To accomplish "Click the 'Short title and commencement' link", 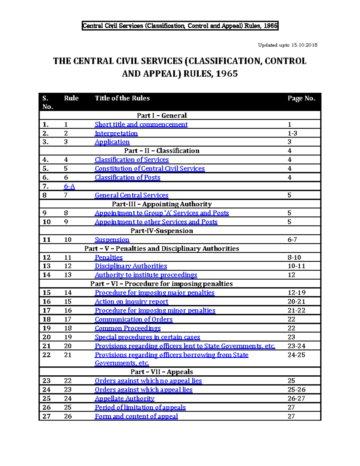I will click(141, 125).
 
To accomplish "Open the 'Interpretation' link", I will click(116, 133).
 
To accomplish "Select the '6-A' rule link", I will click(69, 186).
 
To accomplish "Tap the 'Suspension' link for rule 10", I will click(112, 240).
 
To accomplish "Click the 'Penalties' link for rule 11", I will click(109, 257).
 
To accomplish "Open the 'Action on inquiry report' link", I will click(131, 302).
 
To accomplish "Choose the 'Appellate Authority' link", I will click(124, 398).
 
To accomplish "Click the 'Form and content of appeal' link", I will click(136, 416).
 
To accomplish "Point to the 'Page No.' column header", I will click(301, 98).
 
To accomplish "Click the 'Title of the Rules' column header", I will click(122, 98).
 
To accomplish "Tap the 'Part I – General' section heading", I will click(162, 116).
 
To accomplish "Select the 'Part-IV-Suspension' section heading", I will click(162, 231).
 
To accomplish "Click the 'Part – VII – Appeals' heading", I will click(162, 372).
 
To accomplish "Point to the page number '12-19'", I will click(296, 293).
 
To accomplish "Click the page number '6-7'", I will click(292, 240).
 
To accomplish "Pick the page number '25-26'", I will click(296, 389).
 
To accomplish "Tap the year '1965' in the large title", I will click(227, 74).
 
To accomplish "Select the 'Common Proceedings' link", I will click(127, 328).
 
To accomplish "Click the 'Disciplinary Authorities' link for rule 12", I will click(131, 266).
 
